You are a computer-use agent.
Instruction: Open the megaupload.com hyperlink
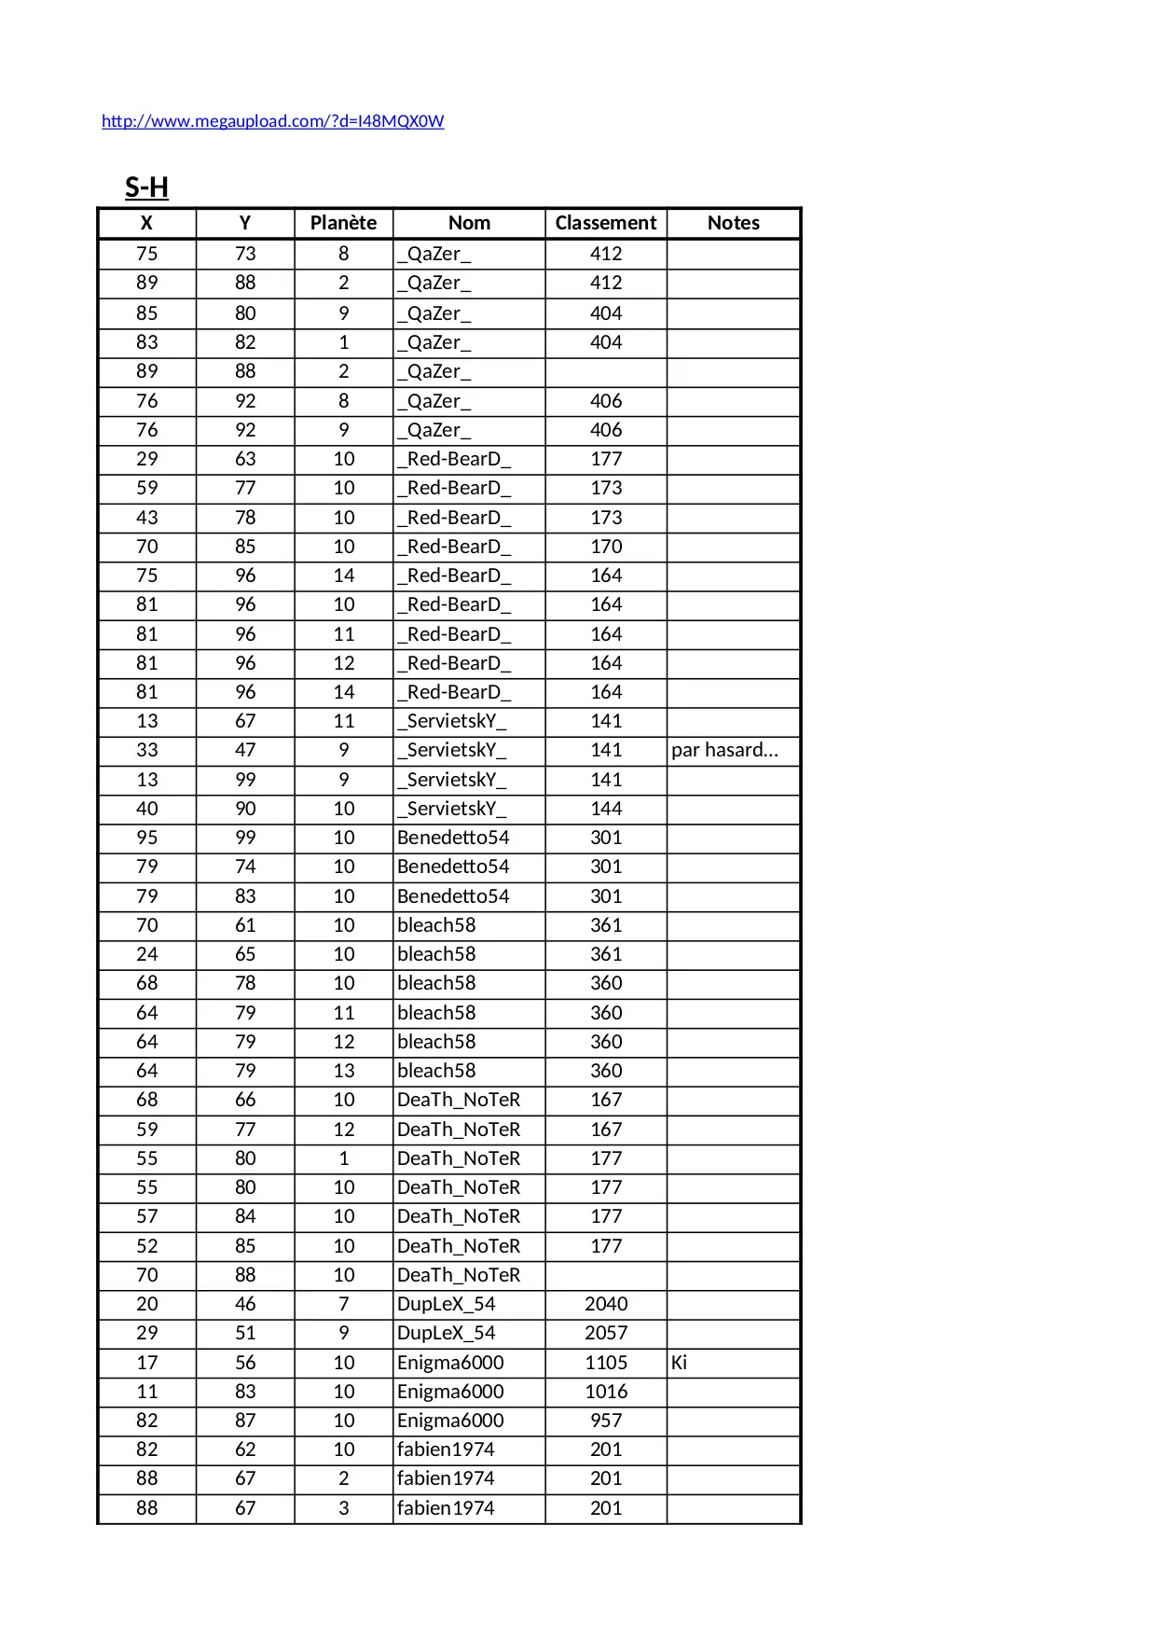[x=272, y=121]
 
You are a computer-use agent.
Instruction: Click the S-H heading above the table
[x=146, y=187]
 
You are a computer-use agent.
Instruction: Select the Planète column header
[x=343, y=223]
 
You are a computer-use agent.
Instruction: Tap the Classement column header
[x=605, y=223]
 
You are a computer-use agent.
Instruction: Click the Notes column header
[x=733, y=223]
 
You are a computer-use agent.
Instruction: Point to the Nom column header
[x=469, y=223]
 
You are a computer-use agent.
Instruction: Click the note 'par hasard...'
[x=724, y=750]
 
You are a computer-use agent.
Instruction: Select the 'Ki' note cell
[x=679, y=1362]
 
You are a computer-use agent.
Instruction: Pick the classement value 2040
[x=606, y=1304]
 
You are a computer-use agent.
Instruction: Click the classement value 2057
[x=606, y=1333]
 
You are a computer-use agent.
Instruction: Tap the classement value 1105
[x=606, y=1362]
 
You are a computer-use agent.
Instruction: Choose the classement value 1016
[x=606, y=1391]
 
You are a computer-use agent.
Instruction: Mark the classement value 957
[x=606, y=1420]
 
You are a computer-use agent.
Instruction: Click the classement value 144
[x=606, y=809]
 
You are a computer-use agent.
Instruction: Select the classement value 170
[x=606, y=547]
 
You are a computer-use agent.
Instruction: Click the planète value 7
[x=343, y=1304]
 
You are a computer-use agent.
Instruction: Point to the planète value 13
[x=343, y=1071]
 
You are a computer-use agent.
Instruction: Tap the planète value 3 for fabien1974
[x=343, y=1507]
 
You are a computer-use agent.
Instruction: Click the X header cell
[x=146, y=223]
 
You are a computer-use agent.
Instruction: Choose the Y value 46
[x=245, y=1304]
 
